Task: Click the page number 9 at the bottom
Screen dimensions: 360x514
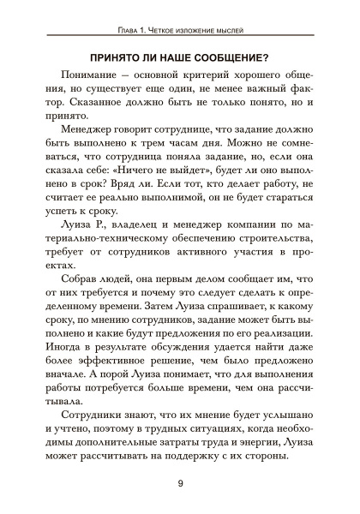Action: pos(180,485)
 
